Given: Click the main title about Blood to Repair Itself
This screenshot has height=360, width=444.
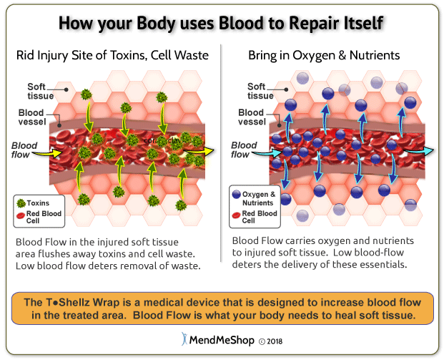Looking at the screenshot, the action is tap(222, 21).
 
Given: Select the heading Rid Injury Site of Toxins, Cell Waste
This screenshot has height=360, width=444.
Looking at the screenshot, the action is tap(112, 55).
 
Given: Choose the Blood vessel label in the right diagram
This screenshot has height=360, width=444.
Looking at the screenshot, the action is tap(251, 117).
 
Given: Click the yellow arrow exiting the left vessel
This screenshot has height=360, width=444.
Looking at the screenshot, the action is tap(207, 151).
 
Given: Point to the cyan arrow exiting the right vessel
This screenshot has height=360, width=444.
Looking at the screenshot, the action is tap(428, 151).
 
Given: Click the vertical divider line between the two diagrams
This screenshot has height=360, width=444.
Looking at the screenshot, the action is tap(222, 143).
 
